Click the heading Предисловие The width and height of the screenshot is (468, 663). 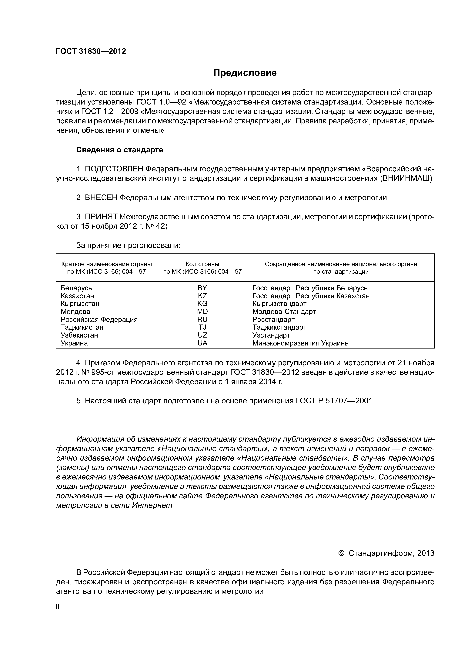(245, 73)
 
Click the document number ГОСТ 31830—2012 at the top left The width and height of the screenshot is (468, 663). (91, 51)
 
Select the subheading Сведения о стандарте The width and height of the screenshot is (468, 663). (119, 150)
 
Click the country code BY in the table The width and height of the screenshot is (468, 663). (202, 288)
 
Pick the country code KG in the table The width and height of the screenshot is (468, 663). (202, 304)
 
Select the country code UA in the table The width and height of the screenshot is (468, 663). (202, 343)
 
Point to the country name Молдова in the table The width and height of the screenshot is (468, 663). (75, 312)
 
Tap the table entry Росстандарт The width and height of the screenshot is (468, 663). (273, 319)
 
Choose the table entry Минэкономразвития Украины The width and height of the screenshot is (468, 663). (301, 343)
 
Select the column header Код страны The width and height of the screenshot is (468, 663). (202, 264)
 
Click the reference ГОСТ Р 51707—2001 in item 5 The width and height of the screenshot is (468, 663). (334, 401)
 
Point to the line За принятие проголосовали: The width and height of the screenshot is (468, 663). (128, 246)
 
